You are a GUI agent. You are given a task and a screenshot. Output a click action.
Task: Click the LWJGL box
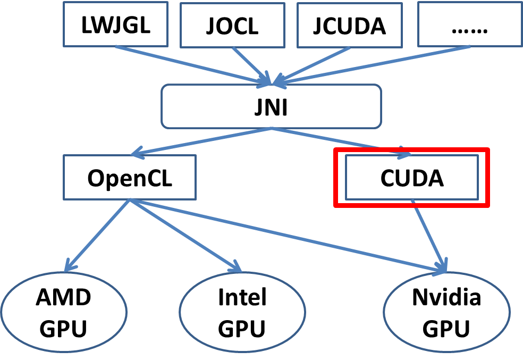(x=116, y=25)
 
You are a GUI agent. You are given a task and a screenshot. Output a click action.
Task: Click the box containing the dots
(x=469, y=24)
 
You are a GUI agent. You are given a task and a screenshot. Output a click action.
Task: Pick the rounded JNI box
(x=272, y=106)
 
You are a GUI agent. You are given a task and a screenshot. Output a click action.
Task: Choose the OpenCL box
(x=130, y=178)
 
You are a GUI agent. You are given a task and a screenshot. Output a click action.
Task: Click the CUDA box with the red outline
(x=412, y=178)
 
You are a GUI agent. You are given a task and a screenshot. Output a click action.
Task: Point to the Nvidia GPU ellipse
(x=446, y=313)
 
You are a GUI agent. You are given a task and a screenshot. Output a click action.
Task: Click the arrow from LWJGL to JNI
(x=191, y=65)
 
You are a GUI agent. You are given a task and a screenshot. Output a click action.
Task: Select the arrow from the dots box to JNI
(x=372, y=65)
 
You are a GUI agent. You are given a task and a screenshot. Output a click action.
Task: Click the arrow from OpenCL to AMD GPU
(x=98, y=234)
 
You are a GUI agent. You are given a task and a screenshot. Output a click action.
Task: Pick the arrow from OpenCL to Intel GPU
(x=183, y=234)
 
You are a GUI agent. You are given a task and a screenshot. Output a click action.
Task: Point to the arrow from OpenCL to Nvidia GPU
(x=287, y=236)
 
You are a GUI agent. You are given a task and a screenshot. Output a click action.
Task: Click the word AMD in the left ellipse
(x=64, y=298)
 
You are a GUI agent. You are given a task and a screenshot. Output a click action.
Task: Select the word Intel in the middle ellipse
(x=242, y=298)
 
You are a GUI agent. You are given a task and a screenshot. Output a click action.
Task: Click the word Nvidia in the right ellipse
(x=446, y=298)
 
